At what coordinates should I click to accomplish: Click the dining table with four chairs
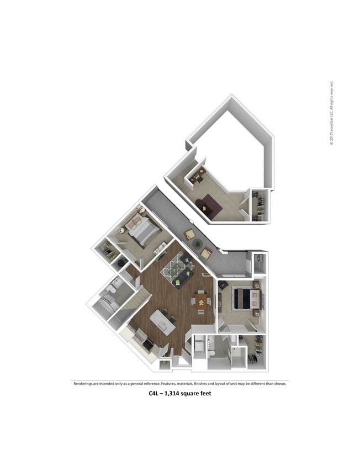200,301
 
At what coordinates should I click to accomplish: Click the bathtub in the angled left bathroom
105,304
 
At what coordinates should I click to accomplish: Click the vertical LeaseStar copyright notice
332,114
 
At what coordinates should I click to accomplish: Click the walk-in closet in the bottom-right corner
256,352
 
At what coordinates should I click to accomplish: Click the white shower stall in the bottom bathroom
237,356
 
